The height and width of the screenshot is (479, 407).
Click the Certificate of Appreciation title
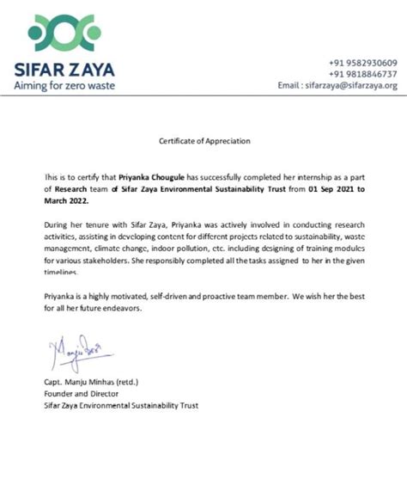pyautogui.click(x=204, y=140)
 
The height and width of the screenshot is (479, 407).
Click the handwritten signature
pyautogui.click(x=72, y=349)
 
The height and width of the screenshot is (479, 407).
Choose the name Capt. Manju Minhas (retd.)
pyautogui.click(x=90, y=379)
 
